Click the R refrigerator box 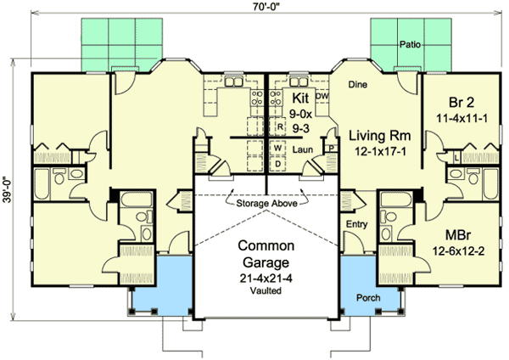pos(279,127)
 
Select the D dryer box pos(277,163)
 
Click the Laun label pos(303,148)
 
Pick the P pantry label pos(330,147)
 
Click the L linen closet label pos(457,158)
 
